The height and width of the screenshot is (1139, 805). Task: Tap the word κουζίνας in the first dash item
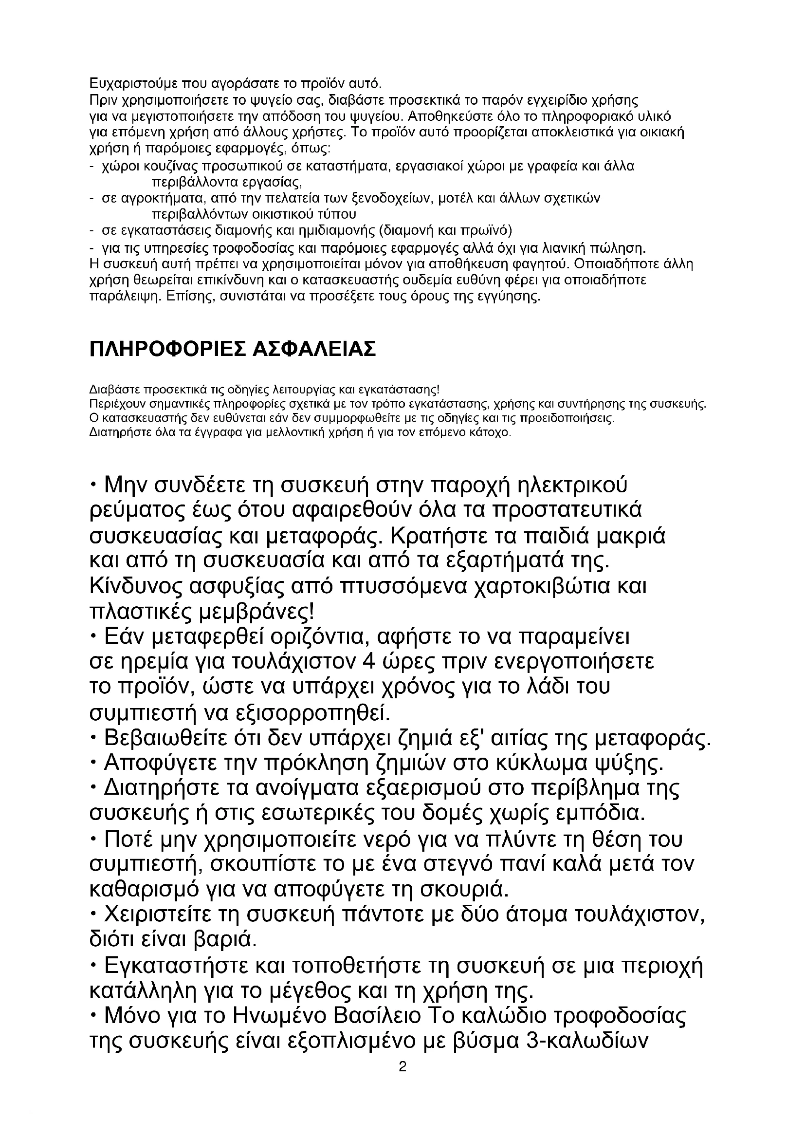tap(159, 166)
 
